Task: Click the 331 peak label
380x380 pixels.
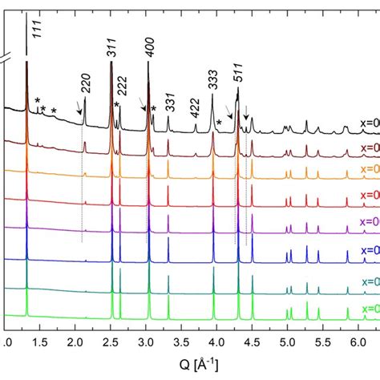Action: click(x=170, y=104)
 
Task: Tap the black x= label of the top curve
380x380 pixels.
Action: click(x=370, y=127)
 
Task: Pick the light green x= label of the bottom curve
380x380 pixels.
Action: click(x=370, y=309)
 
